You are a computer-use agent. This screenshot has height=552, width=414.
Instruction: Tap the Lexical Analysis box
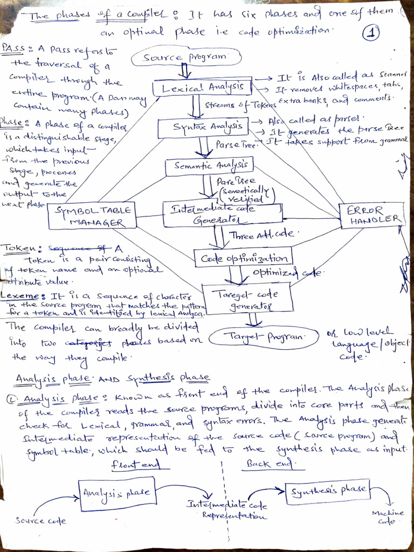tap(202, 87)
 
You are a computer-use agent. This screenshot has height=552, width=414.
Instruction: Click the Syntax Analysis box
tap(203, 127)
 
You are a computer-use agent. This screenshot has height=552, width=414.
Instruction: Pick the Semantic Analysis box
tap(209, 166)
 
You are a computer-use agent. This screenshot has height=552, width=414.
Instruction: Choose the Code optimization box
tap(244, 258)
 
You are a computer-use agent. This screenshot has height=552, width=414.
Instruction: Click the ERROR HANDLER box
tap(372, 215)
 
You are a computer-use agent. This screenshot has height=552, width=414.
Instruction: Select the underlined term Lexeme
tap(22, 296)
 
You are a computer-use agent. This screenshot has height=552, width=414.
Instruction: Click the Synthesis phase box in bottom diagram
tap(328, 491)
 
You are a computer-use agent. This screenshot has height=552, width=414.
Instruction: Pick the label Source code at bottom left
tap(40, 521)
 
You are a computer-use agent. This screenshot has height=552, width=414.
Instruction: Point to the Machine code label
tap(387, 517)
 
